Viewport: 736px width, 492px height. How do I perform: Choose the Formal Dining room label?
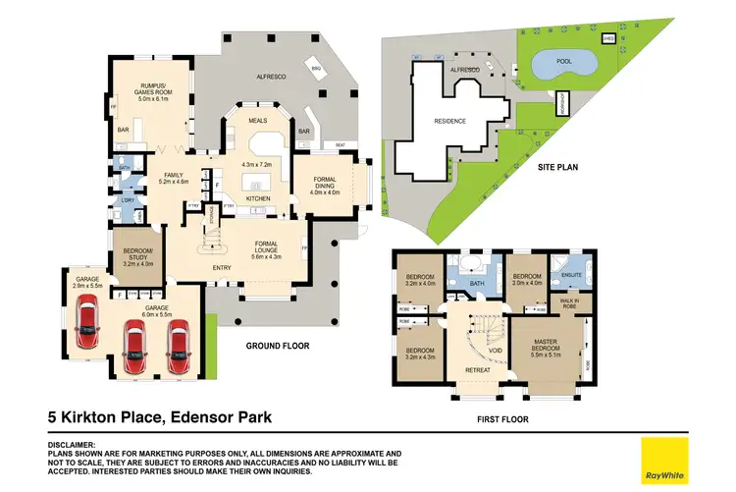pyautogui.click(x=324, y=184)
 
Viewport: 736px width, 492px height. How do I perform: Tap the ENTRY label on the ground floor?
pyautogui.click(x=222, y=267)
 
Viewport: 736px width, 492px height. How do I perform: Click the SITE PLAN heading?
pyautogui.click(x=556, y=167)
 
